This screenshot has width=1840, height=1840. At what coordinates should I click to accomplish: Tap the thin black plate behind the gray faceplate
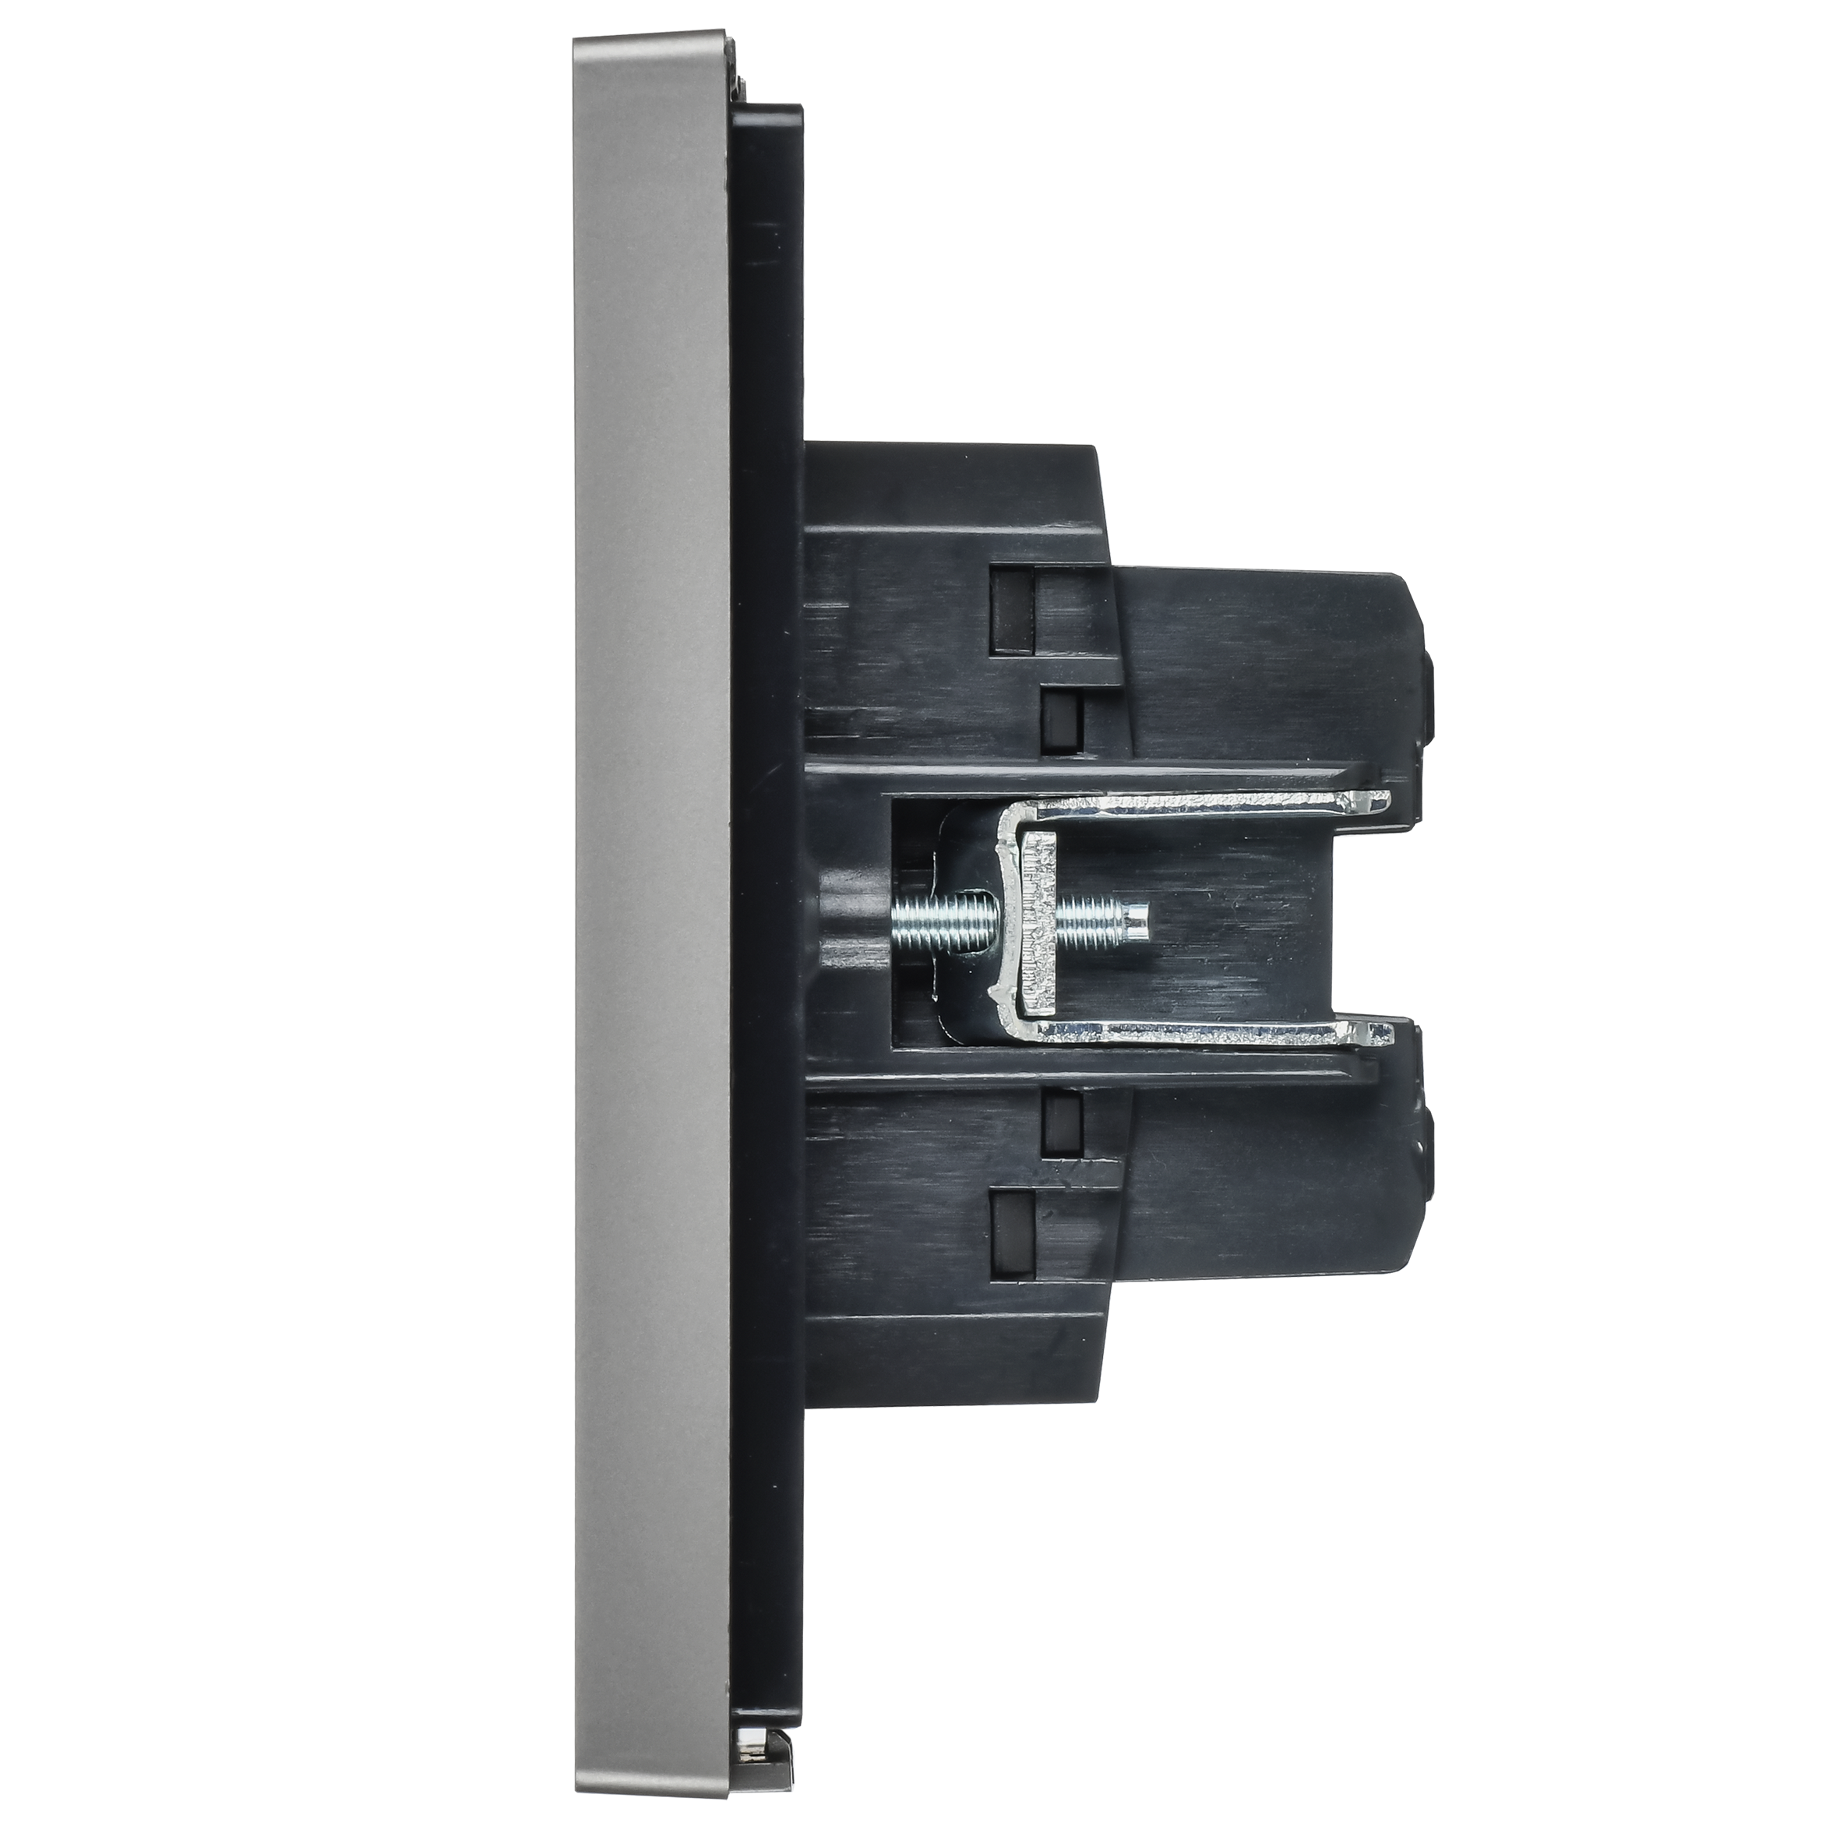click(x=767, y=915)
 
